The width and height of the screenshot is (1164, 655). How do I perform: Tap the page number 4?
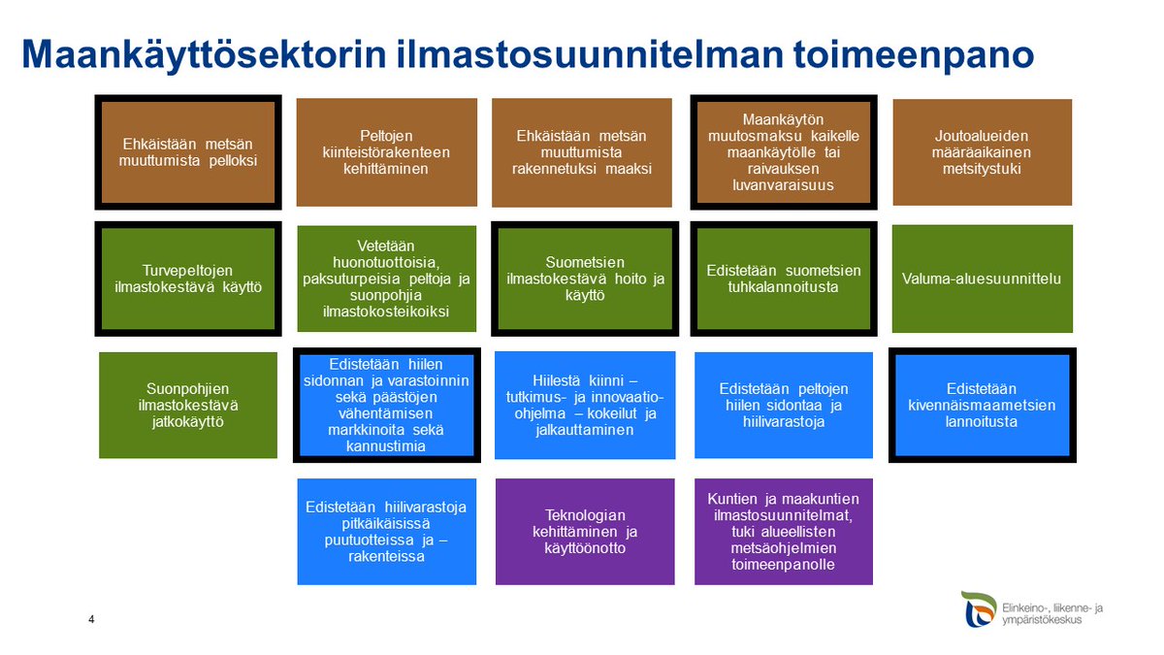pos(91,620)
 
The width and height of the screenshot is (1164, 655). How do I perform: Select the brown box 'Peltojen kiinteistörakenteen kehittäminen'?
pos(386,152)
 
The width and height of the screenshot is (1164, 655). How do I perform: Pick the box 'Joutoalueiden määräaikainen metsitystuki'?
pos(982,152)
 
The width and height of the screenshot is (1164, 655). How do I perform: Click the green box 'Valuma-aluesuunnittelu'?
pos(982,278)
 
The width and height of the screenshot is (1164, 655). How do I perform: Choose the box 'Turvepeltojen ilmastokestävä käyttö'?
pos(188,278)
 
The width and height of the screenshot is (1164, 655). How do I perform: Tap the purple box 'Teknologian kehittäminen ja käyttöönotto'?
pos(584,531)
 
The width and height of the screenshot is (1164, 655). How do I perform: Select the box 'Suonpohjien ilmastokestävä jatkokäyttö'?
pos(188,404)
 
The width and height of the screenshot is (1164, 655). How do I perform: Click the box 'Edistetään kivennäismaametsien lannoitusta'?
pos(982,405)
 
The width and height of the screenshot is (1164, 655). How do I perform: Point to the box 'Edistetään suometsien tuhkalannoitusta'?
pos(784,278)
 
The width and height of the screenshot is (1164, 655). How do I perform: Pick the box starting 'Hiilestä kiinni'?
pos(584,405)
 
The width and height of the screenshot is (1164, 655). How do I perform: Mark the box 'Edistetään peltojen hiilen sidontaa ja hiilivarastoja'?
pos(784,405)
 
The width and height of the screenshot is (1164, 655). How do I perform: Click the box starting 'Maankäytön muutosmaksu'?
pos(784,152)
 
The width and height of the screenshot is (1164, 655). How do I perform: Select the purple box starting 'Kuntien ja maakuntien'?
pos(784,531)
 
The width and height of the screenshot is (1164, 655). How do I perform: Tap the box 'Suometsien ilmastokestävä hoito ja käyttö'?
pos(584,278)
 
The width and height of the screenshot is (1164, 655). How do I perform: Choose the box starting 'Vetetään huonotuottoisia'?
pos(386,278)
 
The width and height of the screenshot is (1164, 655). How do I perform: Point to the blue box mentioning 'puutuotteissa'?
pos(386,531)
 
